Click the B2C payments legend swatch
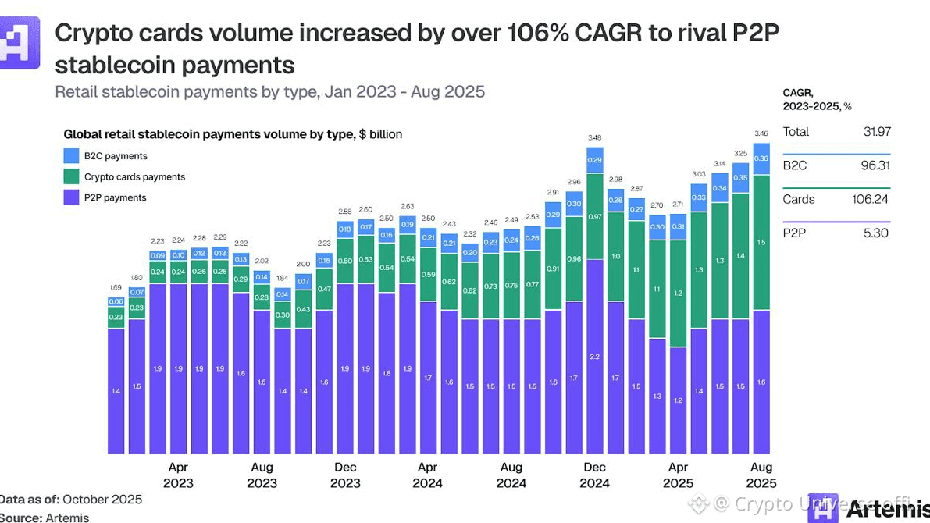point(70,156)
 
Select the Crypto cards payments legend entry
point(134,177)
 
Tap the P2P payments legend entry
point(115,198)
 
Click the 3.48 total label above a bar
point(595,138)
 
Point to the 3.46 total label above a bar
point(761,133)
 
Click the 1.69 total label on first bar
point(116,288)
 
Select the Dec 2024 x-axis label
point(595,475)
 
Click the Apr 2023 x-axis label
point(178,475)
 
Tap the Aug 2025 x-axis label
point(761,475)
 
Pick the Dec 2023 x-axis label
point(345,475)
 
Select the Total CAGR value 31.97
point(875,132)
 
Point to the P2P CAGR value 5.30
point(876,233)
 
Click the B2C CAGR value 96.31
point(875,165)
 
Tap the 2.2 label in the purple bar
point(595,356)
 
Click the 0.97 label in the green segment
point(595,216)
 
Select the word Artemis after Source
point(67,518)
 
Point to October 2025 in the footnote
point(102,500)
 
